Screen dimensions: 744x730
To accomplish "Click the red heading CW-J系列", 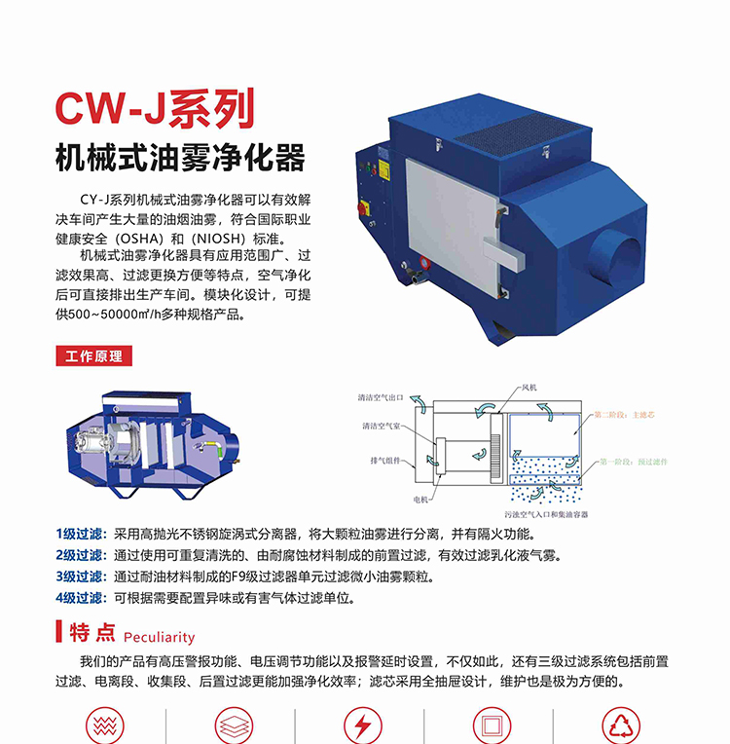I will [x=155, y=108].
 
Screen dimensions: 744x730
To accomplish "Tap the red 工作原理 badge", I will [x=93, y=355].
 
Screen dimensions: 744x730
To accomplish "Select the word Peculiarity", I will [x=159, y=637].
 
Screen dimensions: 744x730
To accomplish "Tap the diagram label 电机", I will [x=420, y=498].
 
